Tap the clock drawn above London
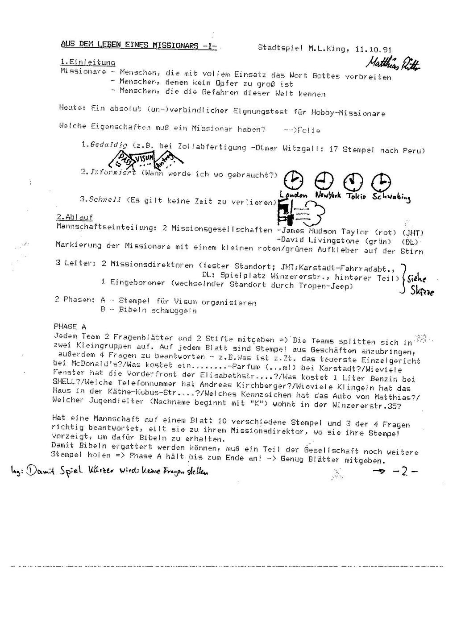(294, 180)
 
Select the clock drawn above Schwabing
(382, 181)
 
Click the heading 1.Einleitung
(87, 62)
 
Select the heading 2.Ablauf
(75, 217)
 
